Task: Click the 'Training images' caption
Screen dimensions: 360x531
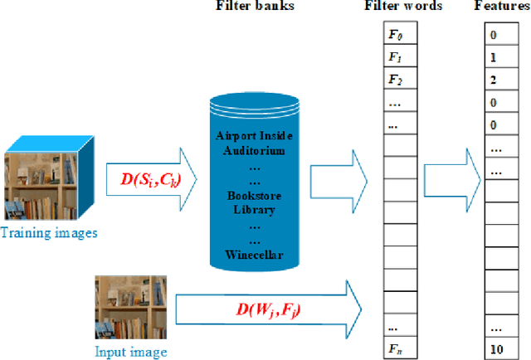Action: click(48, 233)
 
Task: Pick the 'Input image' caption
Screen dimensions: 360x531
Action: click(131, 352)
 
